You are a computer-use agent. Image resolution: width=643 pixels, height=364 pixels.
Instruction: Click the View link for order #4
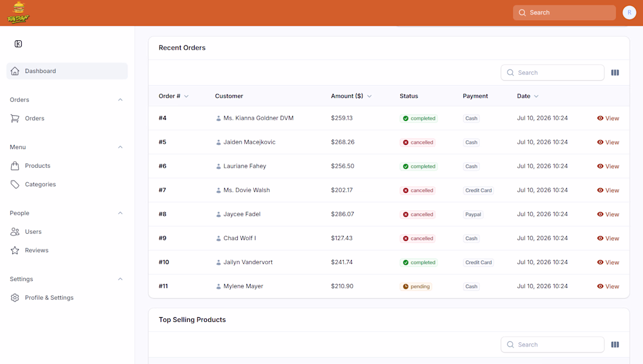point(608,118)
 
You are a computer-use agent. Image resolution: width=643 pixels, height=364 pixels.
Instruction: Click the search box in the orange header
point(564,13)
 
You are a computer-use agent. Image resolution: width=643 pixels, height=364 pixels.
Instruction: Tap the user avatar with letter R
point(630,13)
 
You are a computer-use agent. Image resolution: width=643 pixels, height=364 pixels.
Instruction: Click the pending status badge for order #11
point(416,286)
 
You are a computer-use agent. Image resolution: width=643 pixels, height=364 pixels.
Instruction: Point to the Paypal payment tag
point(473,214)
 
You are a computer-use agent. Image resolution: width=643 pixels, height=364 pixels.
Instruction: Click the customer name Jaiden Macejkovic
point(250,142)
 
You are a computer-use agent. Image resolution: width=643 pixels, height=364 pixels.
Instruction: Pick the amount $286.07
point(343,214)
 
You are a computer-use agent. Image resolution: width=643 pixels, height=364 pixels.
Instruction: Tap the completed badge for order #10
point(419,262)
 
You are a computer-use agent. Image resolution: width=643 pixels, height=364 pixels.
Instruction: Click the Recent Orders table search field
point(552,72)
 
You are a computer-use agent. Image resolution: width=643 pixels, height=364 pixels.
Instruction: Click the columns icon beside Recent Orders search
point(615,72)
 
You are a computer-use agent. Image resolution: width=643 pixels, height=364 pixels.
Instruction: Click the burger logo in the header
point(19,12)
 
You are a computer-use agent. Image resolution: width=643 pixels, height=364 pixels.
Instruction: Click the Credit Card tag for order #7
point(478,190)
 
